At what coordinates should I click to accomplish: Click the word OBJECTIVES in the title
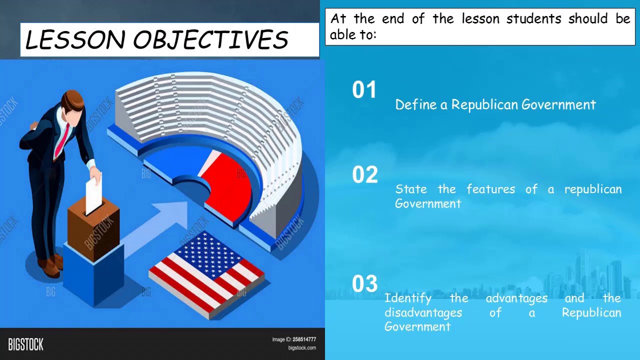coord(210,40)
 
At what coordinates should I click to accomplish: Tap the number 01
coord(364,90)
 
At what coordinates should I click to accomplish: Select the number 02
coord(364,175)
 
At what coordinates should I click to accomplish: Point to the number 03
coord(364,284)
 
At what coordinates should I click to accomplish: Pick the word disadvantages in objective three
coord(423,312)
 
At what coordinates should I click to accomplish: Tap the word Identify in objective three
coord(407,298)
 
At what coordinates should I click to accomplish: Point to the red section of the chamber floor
coord(227,185)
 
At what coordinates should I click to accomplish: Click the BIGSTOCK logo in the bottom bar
coord(25,344)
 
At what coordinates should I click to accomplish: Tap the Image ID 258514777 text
coord(294,339)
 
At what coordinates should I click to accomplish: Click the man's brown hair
coord(73,100)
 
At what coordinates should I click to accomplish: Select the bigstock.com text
coord(301,348)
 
